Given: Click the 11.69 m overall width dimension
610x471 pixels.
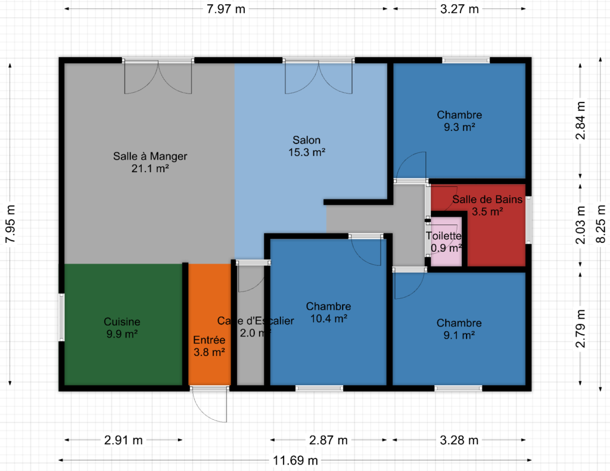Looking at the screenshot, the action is (295, 460).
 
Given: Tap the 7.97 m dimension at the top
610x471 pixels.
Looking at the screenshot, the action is (226, 9).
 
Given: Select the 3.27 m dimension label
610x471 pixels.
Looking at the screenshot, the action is (459, 9).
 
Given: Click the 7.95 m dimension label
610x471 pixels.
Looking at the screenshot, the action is (11, 224).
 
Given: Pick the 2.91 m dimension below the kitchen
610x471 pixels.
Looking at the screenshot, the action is (123, 440).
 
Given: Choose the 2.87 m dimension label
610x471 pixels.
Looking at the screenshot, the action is (328, 440).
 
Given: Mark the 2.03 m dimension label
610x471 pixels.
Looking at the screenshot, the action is (580, 225).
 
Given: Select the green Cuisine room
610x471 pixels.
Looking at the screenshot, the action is (123, 325).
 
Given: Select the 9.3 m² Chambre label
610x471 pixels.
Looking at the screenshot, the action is (459, 121).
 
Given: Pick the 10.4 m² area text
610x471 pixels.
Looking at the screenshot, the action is (329, 319).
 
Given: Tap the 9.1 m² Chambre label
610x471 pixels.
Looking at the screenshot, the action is (459, 329).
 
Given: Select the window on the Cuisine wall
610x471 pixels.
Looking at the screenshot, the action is (61, 317).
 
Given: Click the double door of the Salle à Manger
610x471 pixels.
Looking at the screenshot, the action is (158, 77).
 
